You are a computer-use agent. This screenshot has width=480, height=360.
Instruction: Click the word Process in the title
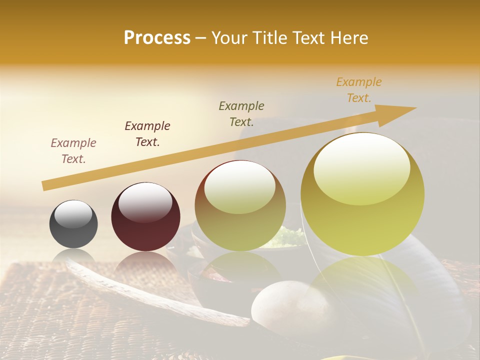tap(157, 38)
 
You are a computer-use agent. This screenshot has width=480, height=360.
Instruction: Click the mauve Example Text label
tap(73, 151)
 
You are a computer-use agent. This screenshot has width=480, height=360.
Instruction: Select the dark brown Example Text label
tap(147, 134)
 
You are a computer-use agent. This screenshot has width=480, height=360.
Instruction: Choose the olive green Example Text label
tap(241, 114)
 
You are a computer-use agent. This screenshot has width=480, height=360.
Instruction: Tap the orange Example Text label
tap(359, 90)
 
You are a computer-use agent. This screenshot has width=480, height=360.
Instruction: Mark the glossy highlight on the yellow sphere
tap(361, 167)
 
